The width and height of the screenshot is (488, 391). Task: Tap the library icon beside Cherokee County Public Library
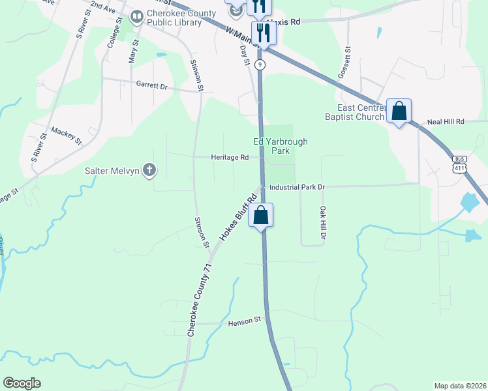137,17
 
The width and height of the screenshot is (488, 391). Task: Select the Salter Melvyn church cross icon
149,171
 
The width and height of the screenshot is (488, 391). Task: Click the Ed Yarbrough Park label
280,146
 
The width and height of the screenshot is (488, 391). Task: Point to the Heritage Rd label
230,158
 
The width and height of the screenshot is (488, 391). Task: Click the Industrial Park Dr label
297,187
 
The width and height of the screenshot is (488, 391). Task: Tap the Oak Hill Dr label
322,222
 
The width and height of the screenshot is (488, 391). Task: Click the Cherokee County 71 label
192,300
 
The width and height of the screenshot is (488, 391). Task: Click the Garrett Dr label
151,85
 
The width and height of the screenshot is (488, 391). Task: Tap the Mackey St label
67,136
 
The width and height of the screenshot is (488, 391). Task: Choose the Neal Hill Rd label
446,122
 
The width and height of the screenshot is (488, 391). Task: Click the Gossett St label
344,63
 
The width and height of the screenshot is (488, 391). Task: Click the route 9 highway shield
260,64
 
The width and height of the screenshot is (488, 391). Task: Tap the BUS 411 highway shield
460,164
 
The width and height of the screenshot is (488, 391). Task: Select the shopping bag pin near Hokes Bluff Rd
260,215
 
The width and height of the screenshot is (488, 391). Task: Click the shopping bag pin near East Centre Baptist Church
399,111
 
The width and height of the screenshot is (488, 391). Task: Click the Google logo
22,383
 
